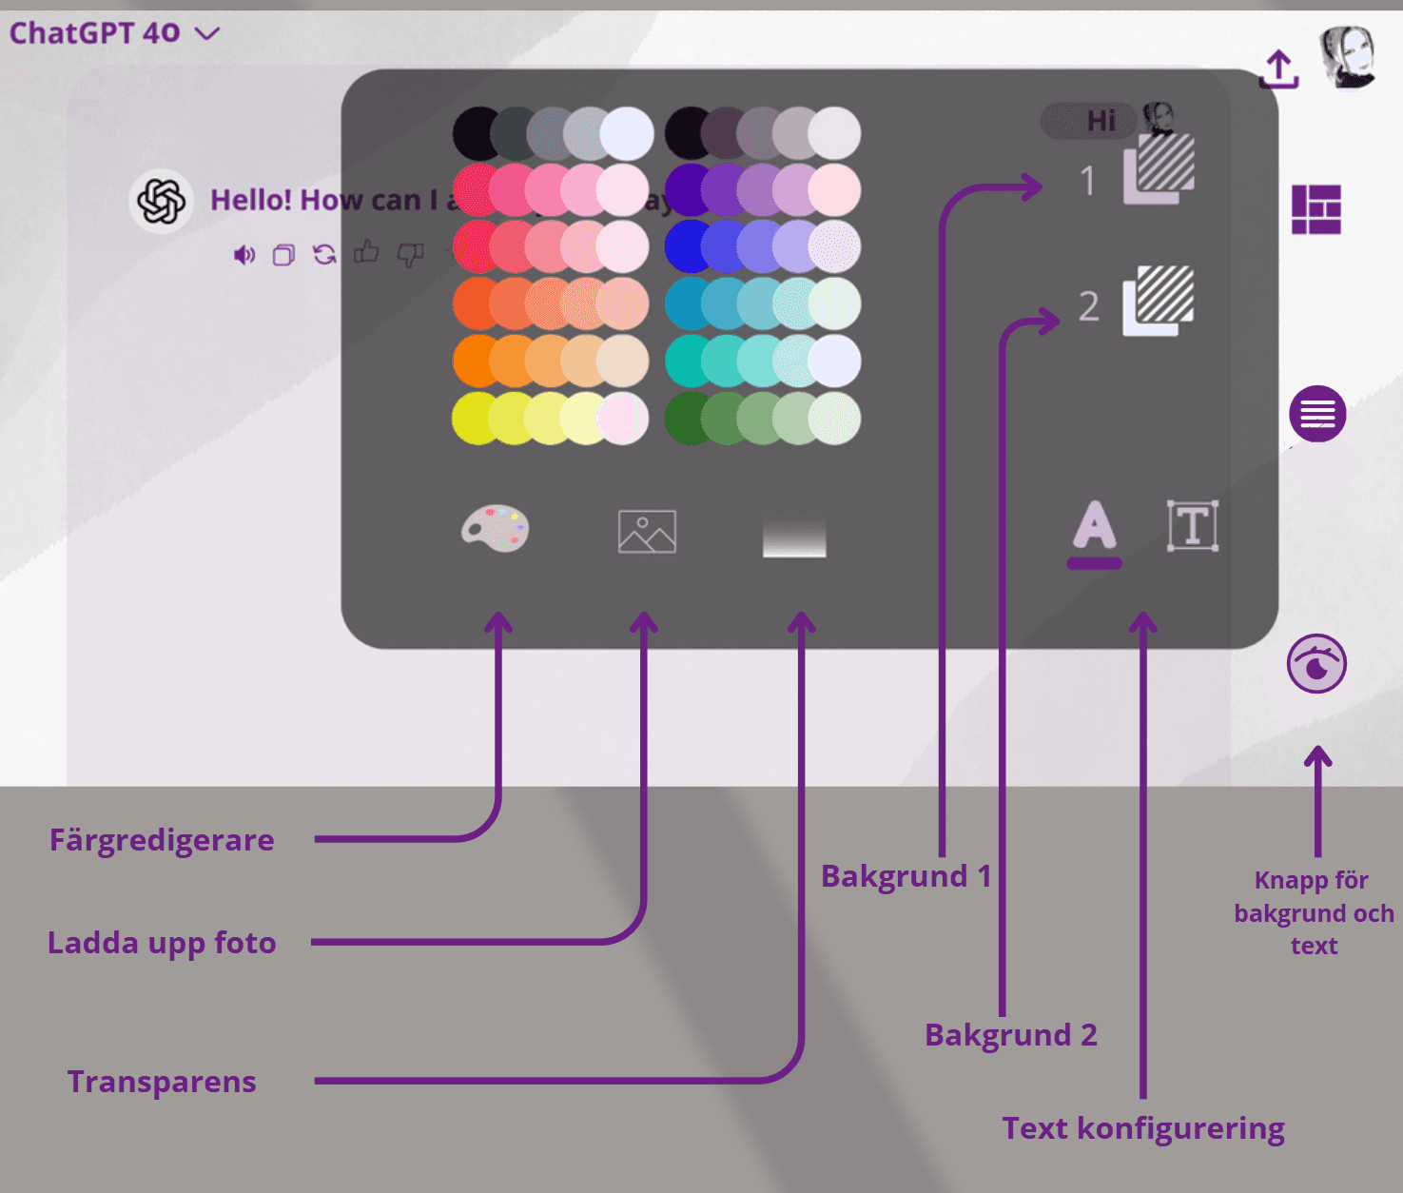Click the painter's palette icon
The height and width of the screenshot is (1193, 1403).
[x=495, y=528]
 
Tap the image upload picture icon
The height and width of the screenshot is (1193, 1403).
[x=647, y=531]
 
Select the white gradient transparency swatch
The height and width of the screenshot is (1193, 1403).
[x=794, y=538]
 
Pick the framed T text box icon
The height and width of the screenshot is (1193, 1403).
[x=1193, y=526]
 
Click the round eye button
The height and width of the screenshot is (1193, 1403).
[x=1316, y=664]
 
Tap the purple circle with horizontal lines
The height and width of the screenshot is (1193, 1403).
[x=1317, y=414]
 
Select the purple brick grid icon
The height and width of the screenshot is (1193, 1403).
[x=1316, y=209]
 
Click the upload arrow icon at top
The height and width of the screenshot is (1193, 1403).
[x=1279, y=69]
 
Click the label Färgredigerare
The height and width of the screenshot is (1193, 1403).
[x=162, y=840]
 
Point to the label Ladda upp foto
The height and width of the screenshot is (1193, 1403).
[x=162, y=943]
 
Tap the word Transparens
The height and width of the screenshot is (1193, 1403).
[x=162, y=1082]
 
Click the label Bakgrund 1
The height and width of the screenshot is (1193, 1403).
[x=906, y=876]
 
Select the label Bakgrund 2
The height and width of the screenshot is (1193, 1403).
[x=1011, y=1035]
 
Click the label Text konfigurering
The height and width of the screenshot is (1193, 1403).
[x=1143, y=1128]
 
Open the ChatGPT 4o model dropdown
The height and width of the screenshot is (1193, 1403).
[x=114, y=33]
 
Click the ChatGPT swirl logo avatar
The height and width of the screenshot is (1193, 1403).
[x=162, y=201]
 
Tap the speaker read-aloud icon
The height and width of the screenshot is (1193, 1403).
[x=244, y=255]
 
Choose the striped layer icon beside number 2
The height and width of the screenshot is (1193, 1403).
[x=1159, y=300]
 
